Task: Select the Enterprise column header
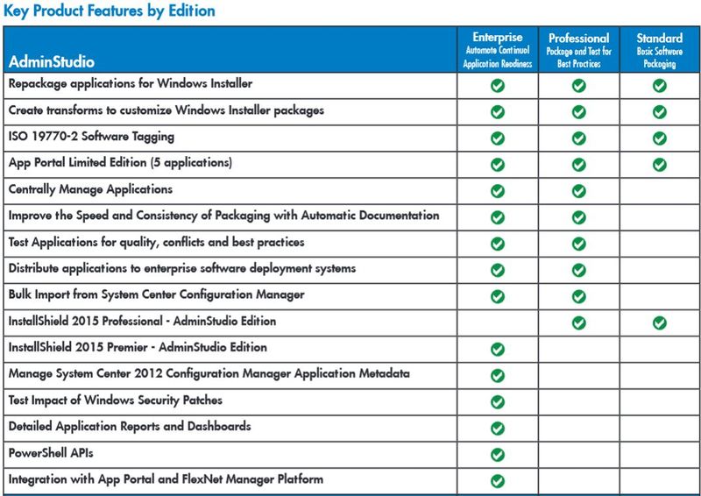point(498,38)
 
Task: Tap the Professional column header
point(578,39)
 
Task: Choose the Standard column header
point(659,38)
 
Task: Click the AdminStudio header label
point(52,62)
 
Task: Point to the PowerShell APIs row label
point(52,453)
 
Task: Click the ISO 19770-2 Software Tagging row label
point(91,138)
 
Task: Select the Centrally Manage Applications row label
point(90,190)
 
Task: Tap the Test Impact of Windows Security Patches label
point(115,400)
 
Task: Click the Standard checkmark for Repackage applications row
point(660,86)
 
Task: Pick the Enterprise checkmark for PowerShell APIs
point(498,454)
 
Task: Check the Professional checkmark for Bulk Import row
point(578,296)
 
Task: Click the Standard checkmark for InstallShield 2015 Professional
point(660,322)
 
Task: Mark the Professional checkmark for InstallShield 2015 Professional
point(578,322)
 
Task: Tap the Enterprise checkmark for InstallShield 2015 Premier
point(498,349)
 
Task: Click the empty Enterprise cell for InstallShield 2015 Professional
point(498,322)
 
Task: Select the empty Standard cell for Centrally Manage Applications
point(660,190)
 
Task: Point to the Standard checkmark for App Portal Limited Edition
point(660,165)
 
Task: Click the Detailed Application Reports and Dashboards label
point(130,427)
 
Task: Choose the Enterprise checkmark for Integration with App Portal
point(498,480)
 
